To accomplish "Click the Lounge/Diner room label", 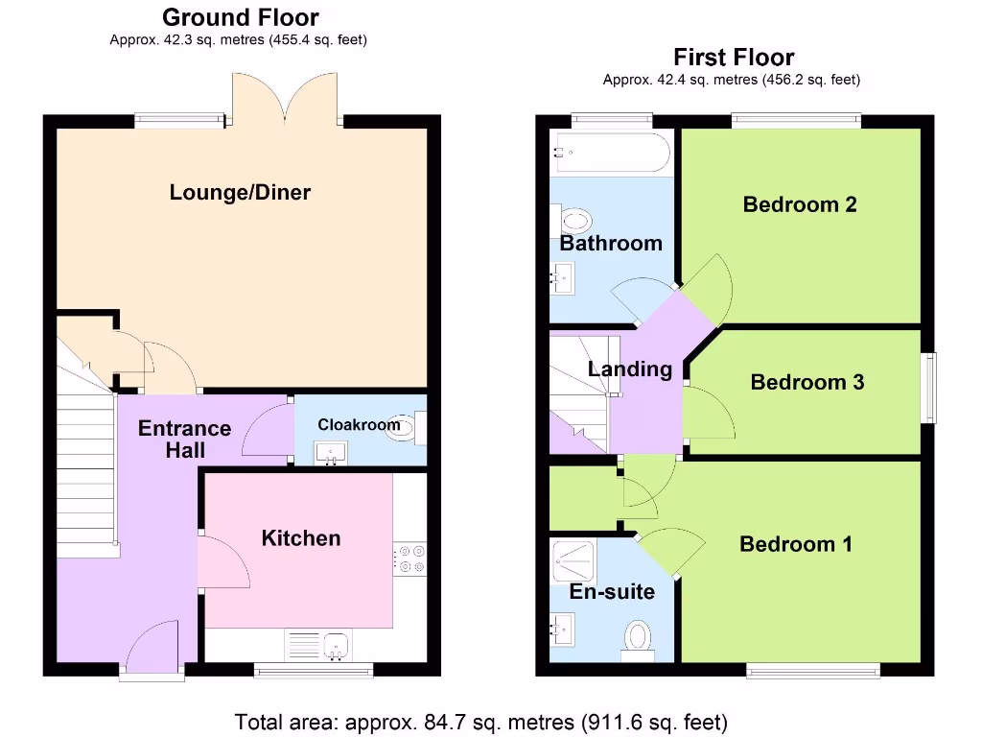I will click(240, 192).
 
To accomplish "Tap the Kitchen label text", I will click(300, 538).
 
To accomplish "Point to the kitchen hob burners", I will click(411, 560).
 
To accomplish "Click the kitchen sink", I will click(336, 646).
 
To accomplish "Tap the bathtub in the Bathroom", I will click(611, 152).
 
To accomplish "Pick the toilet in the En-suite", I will click(638, 639).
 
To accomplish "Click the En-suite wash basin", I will click(562, 630).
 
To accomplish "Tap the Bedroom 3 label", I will click(807, 382).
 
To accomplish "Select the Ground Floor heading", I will click(240, 17).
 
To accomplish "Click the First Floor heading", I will click(733, 57).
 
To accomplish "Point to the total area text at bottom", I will click(481, 721).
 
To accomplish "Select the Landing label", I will click(629, 368).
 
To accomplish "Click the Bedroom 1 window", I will click(812, 671).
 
